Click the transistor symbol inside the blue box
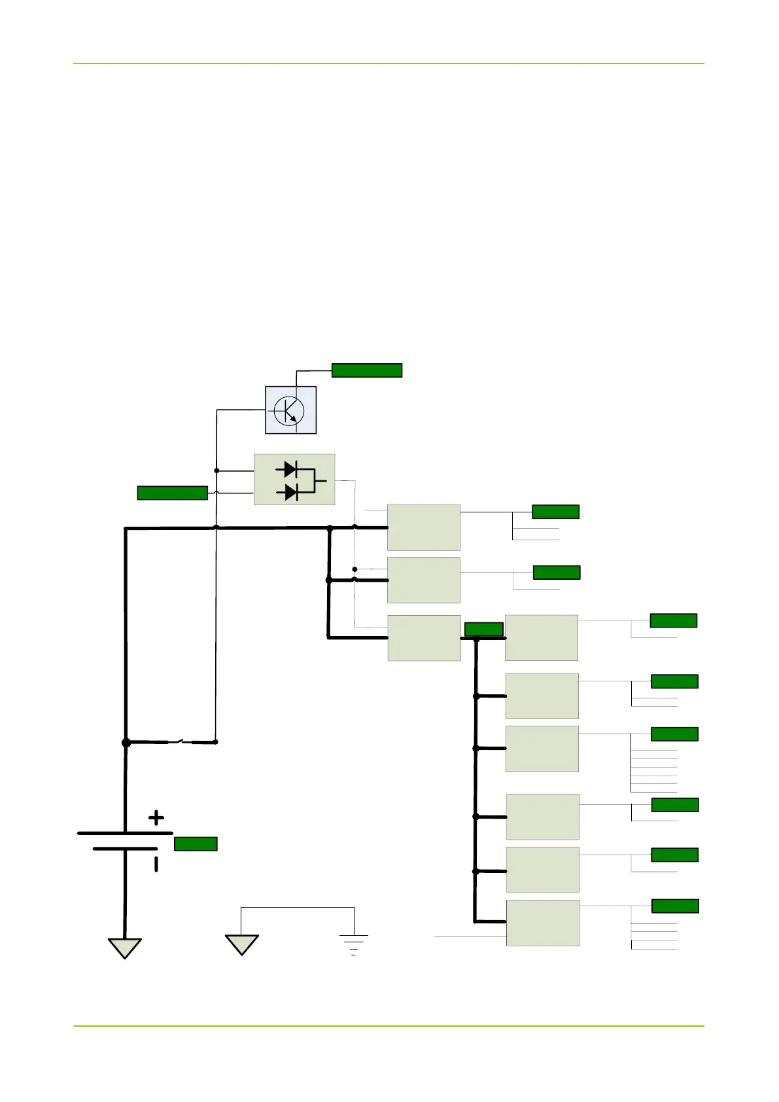click(x=289, y=410)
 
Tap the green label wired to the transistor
click(x=366, y=370)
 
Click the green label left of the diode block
click(x=172, y=493)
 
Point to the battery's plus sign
click(x=156, y=817)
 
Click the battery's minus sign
click(x=156, y=864)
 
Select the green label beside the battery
click(x=196, y=844)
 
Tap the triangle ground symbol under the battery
click(x=124, y=948)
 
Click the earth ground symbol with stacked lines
click(x=354, y=944)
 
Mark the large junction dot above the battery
click(x=126, y=743)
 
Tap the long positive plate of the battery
click(x=125, y=833)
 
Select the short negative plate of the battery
click(x=125, y=849)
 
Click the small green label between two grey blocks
click(x=483, y=630)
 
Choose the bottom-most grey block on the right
click(x=542, y=923)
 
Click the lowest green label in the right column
click(x=675, y=906)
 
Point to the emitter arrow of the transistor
click(x=293, y=418)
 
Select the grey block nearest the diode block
click(x=423, y=527)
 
